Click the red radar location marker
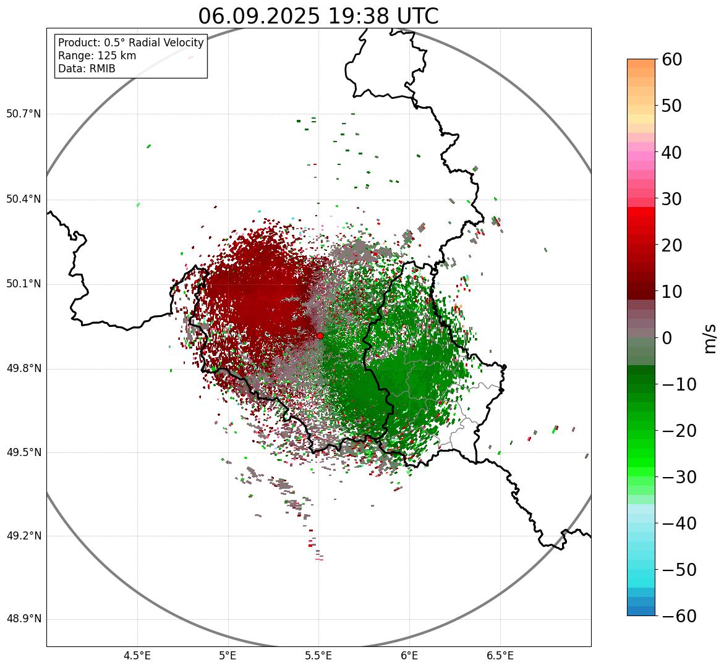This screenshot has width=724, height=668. click(320, 336)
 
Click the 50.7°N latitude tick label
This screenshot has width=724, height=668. click(23, 114)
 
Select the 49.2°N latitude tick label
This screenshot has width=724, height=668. click(23, 536)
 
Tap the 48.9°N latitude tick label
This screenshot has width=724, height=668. click(23, 619)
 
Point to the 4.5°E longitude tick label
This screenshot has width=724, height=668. click(137, 655)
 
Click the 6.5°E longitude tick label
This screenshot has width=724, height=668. click(500, 655)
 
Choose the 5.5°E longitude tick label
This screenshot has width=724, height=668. click(318, 655)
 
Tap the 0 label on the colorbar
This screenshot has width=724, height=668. click(668, 338)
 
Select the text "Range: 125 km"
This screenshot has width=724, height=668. click(97, 56)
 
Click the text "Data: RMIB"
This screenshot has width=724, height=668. click(87, 69)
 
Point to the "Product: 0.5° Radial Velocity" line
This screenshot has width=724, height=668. click(130, 43)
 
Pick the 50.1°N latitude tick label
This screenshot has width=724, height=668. click(23, 284)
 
